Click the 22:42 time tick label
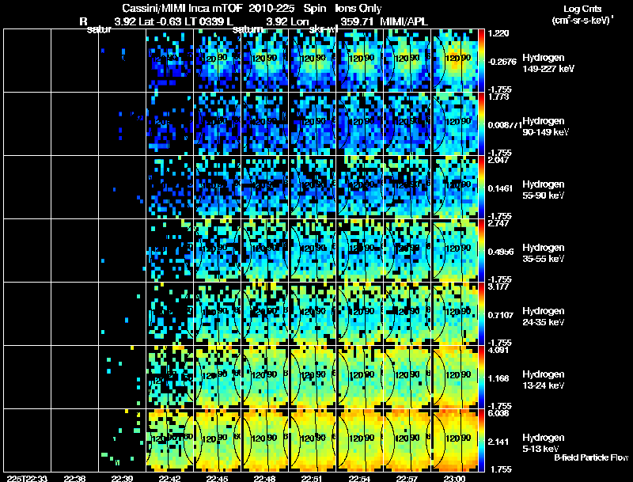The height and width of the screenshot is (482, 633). pos(170,478)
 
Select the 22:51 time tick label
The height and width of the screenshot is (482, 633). pos(313,478)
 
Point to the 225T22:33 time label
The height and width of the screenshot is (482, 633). pos(25,478)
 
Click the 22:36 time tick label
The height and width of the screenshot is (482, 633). pos(75,478)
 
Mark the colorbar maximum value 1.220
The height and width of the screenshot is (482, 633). pos(499,34)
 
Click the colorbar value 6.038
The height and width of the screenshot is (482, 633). pos(499,413)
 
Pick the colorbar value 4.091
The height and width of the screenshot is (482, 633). pos(499,350)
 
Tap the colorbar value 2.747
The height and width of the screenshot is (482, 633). pos(499,223)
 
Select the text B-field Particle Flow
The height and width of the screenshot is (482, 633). pos(591,457)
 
